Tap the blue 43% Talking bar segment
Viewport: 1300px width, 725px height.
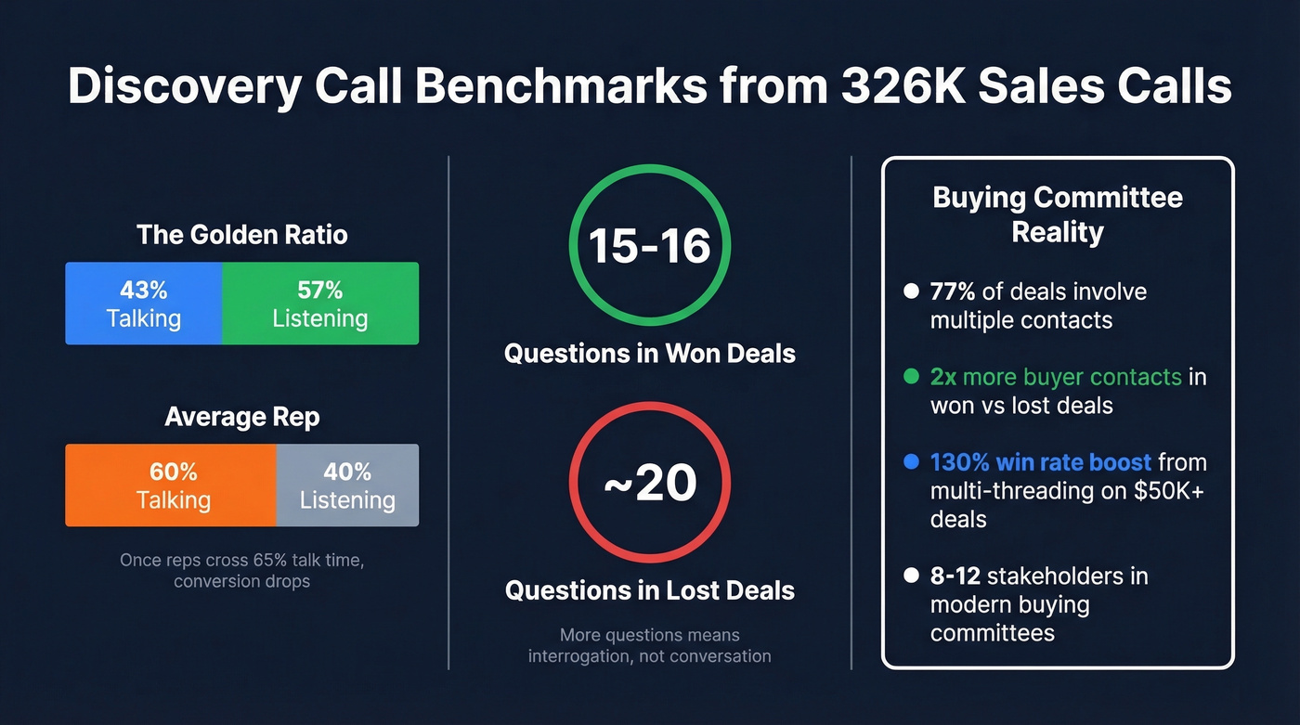point(143,304)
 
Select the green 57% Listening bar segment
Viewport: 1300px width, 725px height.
point(320,304)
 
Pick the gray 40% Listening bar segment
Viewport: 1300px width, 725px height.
point(347,485)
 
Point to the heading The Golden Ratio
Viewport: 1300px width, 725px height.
point(241,234)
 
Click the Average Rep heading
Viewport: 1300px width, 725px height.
point(241,417)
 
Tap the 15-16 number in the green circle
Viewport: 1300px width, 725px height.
point(649,245)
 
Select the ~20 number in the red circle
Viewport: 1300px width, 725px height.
point(649,483)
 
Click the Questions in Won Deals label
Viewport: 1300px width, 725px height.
point(649,353)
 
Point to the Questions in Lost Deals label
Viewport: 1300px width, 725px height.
point(649,590)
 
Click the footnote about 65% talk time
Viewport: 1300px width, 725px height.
point(241,571)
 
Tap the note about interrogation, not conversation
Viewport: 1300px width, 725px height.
point(649,646)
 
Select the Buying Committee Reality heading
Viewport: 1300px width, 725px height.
point(1057,214)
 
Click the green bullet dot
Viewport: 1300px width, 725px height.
point(911,377)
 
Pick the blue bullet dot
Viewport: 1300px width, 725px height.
point(911,461)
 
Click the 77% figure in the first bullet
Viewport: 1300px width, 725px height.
point(953,291)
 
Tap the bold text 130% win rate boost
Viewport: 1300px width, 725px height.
point(1040,461)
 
